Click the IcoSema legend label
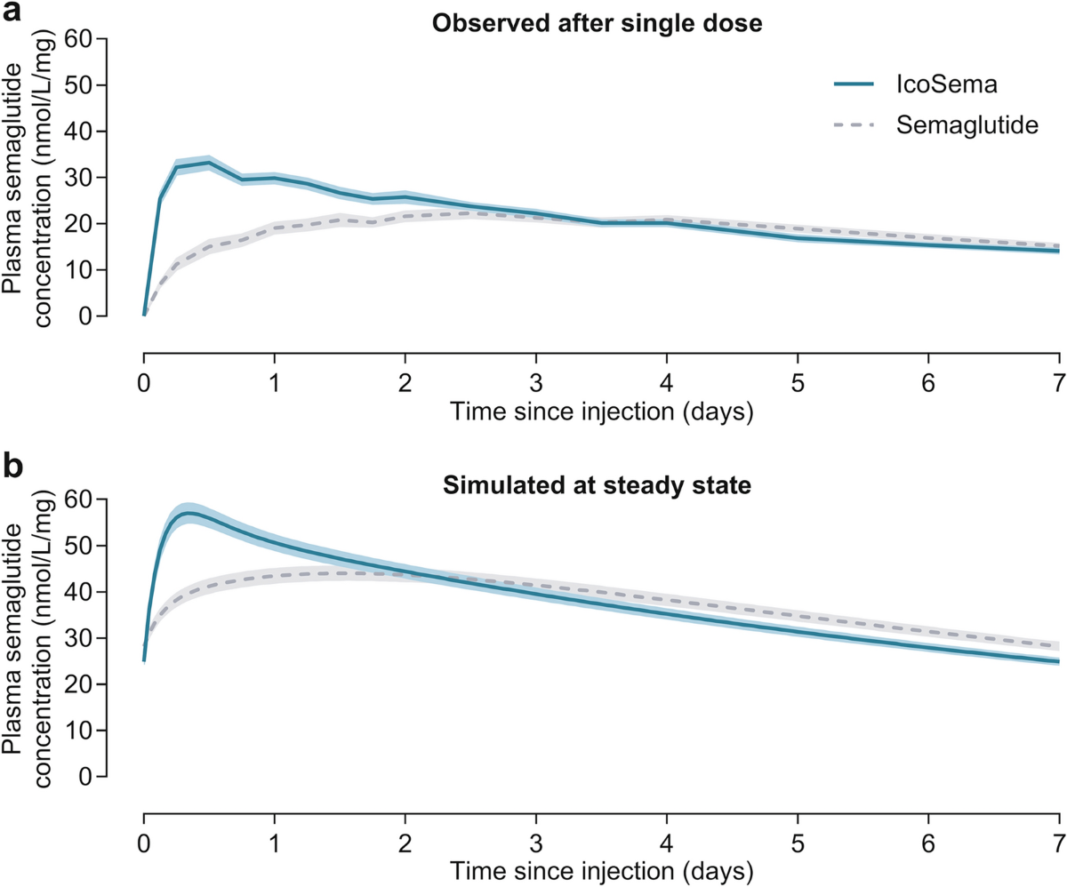coord(946,84)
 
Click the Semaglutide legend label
coord(967,125)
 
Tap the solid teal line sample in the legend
coord(854,84)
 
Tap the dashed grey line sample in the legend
coord(854,125)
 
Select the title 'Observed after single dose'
coord(597,23)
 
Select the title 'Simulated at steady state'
coord(597,485)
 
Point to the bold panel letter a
coord(12,12)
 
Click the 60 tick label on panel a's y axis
coord(78,39)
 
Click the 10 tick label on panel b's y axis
coord(78,731)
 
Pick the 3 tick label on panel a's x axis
coord(535,383)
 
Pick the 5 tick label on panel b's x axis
coord(798,843)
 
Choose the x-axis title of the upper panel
coord(601,412)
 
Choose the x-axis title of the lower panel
coord(601,872)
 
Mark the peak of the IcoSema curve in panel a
coord(208,163)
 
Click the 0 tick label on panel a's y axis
coord(85,316)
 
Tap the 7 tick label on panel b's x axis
coord(1058,843)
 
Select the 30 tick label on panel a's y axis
coord(78,177)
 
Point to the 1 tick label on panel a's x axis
coord(275,383)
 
